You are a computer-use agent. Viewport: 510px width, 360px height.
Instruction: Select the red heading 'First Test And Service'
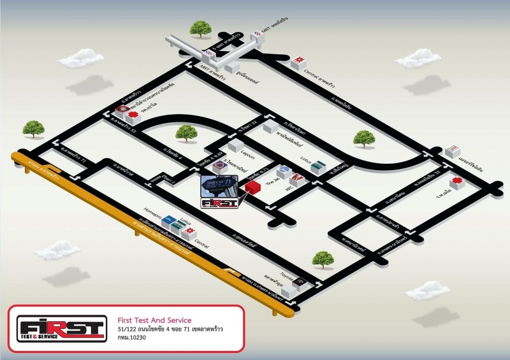point(155,320)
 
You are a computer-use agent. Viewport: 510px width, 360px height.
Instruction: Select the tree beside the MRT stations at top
point(201,29)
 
